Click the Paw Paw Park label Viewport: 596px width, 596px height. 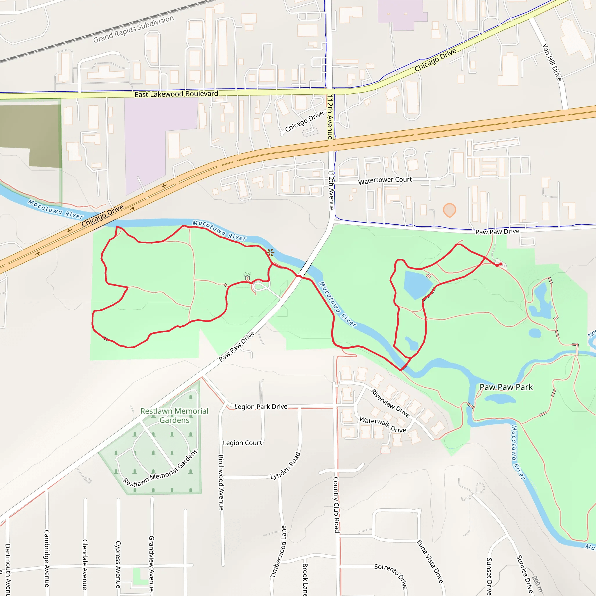coord(506,387)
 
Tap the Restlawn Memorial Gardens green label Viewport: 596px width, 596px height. coord(174,416)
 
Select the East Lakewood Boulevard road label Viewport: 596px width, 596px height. coord(176,94)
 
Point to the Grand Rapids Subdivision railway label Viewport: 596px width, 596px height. coord(134,29)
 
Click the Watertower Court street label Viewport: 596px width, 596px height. coord(385,180)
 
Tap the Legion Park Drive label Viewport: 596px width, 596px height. coord(261,407)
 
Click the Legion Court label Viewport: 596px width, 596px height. coord(242,443)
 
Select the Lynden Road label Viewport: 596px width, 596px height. coord(285,466)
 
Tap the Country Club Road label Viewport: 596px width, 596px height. coord(336,505)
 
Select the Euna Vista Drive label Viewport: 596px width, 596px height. coord(430,561)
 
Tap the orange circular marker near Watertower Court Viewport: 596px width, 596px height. coord(449,210)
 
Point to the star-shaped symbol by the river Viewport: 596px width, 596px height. coord(271,253)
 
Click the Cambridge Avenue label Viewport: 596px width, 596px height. coord(47,558)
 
